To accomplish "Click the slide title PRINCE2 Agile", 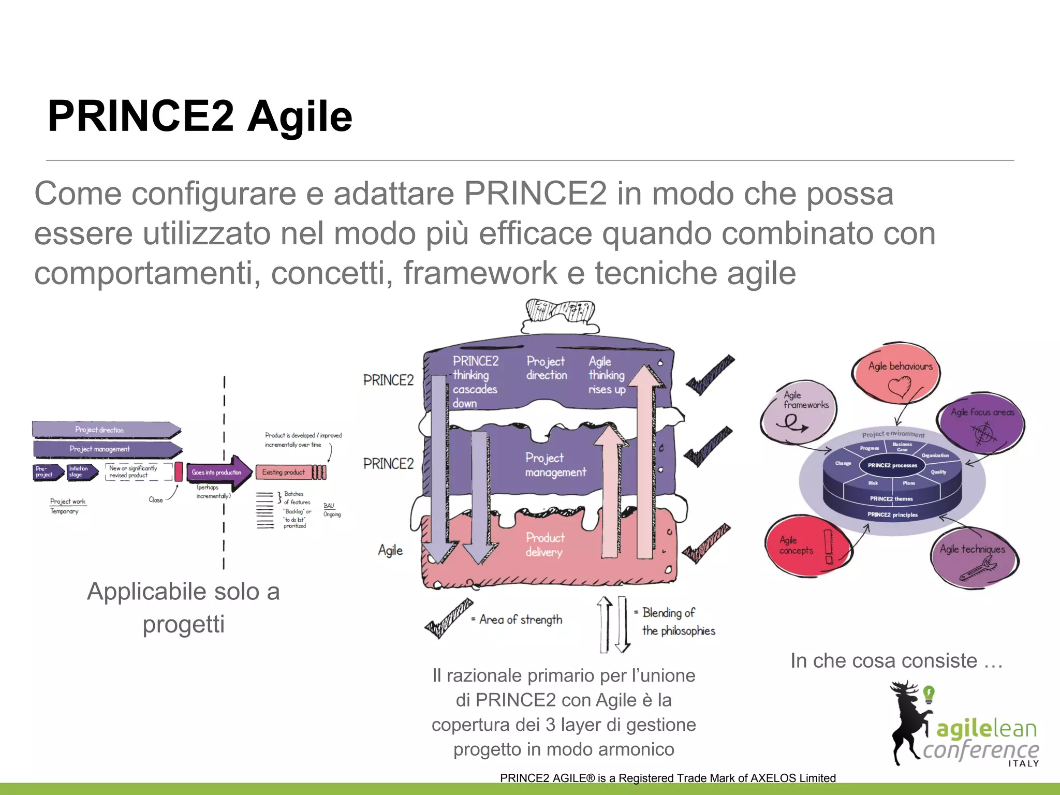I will coord(200,116).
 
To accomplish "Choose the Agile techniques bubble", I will coord(973,556).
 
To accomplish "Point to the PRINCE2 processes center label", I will coord(892,465).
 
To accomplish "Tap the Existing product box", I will coord(284,472).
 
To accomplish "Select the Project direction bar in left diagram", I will coord(104,430).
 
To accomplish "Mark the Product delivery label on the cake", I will coord(544,544).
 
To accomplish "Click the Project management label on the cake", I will coord(555,465).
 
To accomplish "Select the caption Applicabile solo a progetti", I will coord(183,607).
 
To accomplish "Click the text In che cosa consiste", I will coord(896,661).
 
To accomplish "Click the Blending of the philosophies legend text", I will coord(678,622).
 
